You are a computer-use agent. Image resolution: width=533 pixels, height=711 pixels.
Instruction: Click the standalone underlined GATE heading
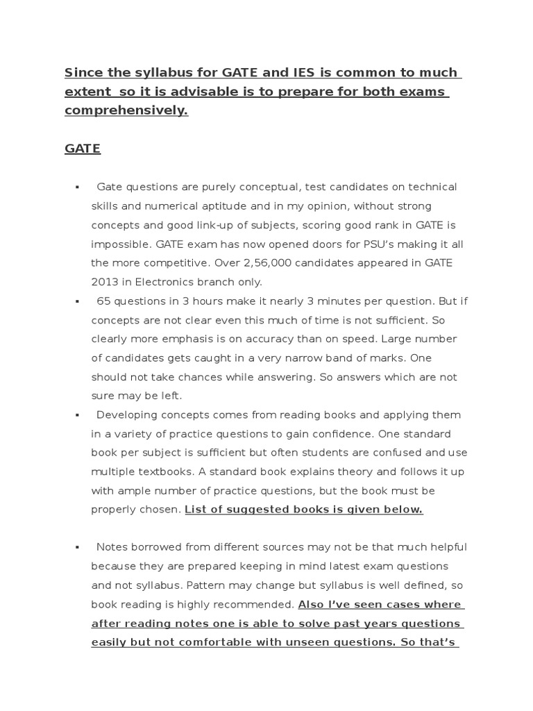coord(83,149)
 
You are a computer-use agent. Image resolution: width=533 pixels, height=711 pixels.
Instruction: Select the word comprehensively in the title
coord(126,110)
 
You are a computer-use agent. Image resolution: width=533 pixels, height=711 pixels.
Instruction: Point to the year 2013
coord(105,282)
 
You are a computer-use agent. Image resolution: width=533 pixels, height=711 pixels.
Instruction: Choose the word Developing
coord(128,415)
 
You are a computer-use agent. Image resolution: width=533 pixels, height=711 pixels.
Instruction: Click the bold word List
coord(195,510)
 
